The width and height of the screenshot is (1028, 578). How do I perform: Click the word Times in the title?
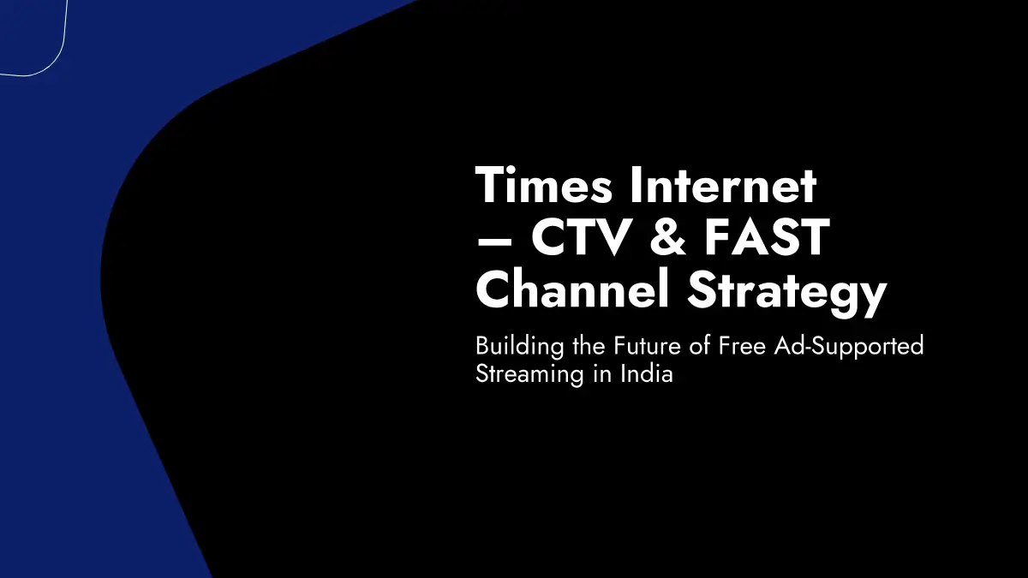544,185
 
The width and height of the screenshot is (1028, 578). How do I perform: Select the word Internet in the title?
723,185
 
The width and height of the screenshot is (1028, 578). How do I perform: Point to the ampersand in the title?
667,237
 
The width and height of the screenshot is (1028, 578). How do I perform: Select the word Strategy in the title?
786,294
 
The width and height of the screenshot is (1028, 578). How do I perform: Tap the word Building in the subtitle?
519,347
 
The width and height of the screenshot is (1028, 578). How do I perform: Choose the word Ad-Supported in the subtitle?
849,348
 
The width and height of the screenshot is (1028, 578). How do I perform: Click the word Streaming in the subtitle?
529,375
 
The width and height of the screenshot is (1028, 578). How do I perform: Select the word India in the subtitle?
647,373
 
